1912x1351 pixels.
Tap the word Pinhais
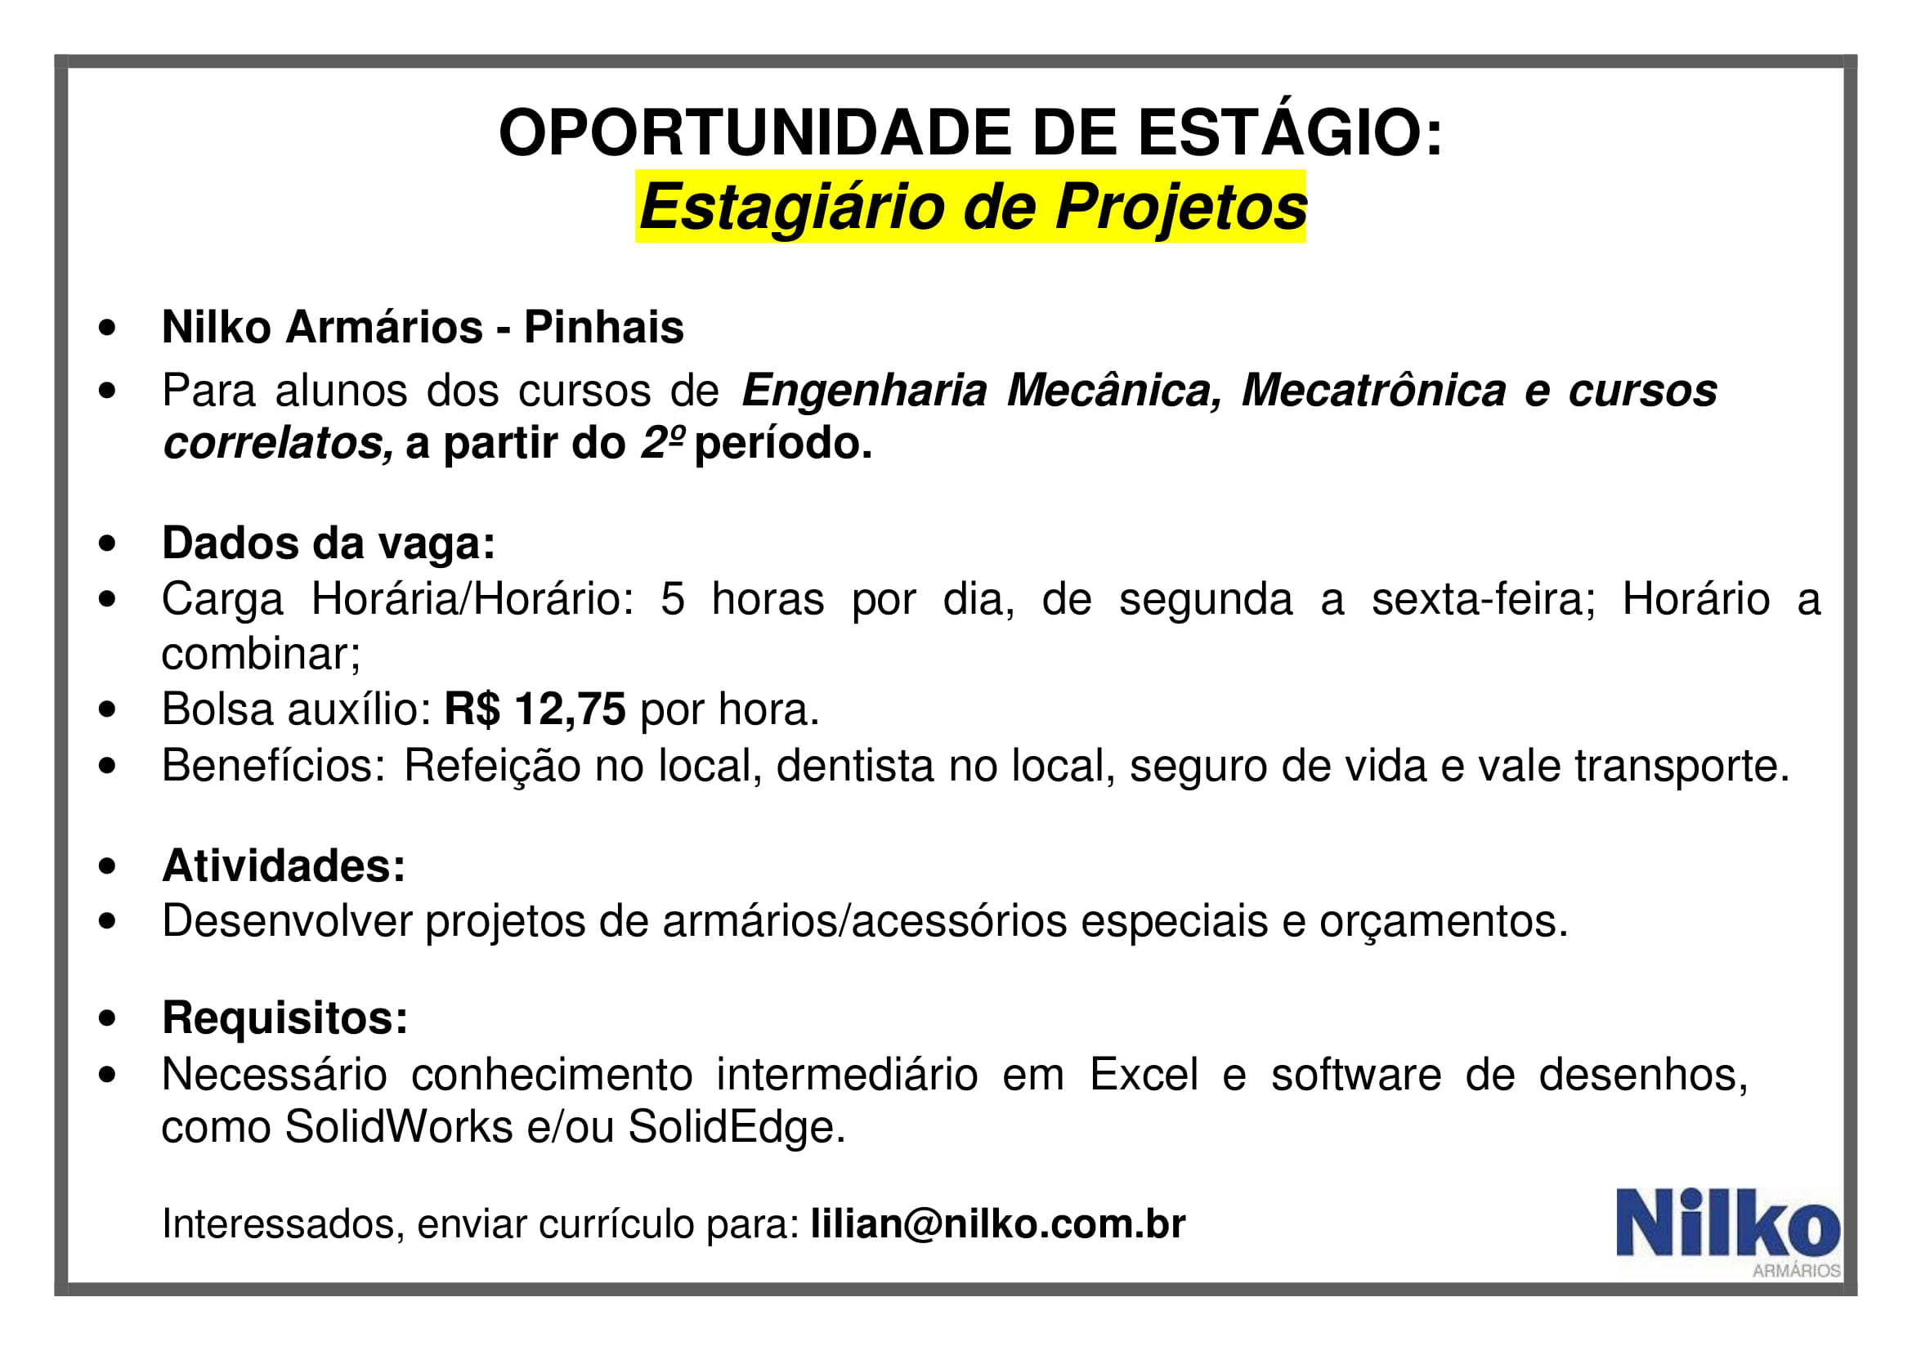point(604,326)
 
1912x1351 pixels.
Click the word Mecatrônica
point(1373,390)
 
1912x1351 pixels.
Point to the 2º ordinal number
point(663,441)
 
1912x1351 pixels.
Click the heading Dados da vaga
point(329,543)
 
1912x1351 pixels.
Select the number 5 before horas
point(673,598)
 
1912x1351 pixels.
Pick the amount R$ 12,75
point(535,709)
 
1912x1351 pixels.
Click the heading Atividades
point(284,866)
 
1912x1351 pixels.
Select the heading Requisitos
point(285,1018)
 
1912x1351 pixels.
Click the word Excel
point(1144,1074)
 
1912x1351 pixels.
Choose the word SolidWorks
point(399,1127)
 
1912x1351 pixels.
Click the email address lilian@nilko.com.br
point(997,1223)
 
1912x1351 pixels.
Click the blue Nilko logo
point(1729,1232)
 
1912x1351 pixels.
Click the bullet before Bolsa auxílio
point(106,710)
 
